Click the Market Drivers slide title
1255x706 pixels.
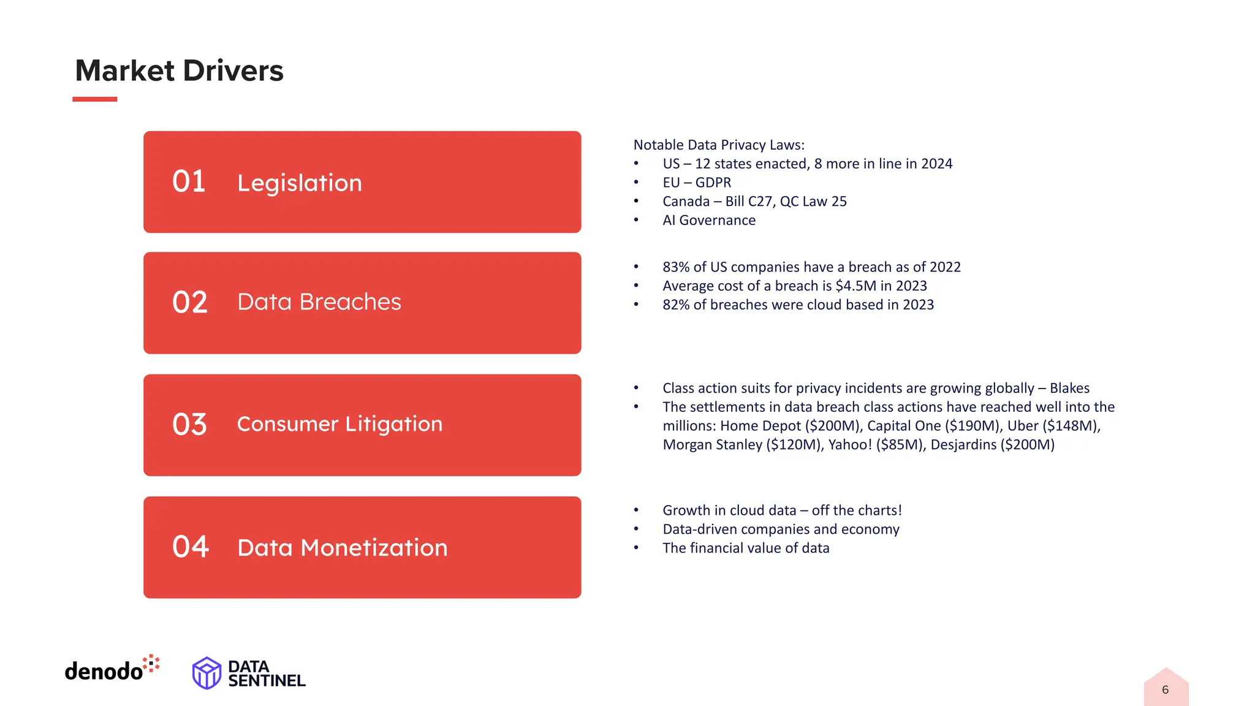[179, 70]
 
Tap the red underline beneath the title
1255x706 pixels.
[94, 99]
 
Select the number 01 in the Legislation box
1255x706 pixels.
[189, 181]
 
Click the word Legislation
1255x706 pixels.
[300, 183]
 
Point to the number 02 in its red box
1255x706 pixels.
[190, 302]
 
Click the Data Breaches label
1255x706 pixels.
[319, 302]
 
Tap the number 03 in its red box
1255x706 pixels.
[189, 424]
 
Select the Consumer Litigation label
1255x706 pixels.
[339, 423]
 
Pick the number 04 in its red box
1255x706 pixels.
[191, 546]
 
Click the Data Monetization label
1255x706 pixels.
[342, 547]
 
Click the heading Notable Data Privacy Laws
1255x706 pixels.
[718, 145]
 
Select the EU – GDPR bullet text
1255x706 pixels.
[697, 182]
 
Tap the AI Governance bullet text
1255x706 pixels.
[709, 220]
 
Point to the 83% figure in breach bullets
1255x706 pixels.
[675, 267]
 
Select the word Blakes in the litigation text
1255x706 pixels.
[1069, 388]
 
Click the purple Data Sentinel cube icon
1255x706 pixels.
[207, 673]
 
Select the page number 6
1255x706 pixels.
[1165, 689]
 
